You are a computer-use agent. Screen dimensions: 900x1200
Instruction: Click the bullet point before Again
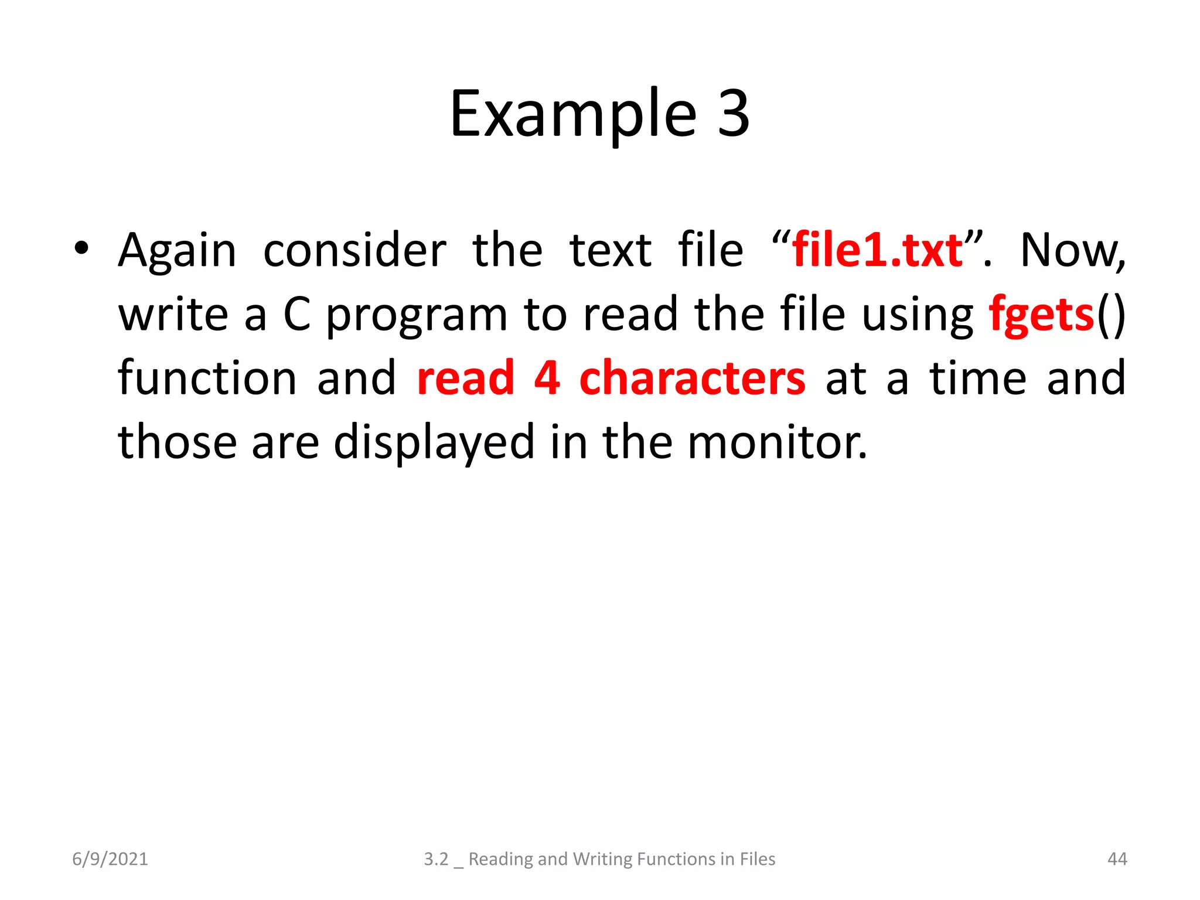click(x=81, y=248)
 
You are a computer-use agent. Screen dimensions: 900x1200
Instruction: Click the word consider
click(x=354, y=251)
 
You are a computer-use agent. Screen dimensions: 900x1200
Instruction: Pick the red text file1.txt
click(x=877, y=251)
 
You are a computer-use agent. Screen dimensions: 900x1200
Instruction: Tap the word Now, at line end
click(x=1072, y=251)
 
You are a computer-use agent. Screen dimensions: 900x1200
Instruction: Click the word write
click(x=173, y=315)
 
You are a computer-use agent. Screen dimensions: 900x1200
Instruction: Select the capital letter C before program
click(x=297, y=315)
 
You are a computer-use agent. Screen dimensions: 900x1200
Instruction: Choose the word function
click(x=207, y=379)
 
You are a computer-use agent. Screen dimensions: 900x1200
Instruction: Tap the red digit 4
click(x=547, y=379)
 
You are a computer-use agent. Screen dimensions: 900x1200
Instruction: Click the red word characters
click(x=692, y=379)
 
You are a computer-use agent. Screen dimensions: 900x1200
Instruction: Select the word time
click(x=978, y=379)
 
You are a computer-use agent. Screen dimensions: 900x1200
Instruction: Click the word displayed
click(x=434, y=443)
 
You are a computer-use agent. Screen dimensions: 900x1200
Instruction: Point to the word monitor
click(x=776, y=443)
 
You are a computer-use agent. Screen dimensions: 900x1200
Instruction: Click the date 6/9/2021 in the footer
click(x=110, y=859)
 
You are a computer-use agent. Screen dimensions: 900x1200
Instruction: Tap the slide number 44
click(x=1117, y=859)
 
